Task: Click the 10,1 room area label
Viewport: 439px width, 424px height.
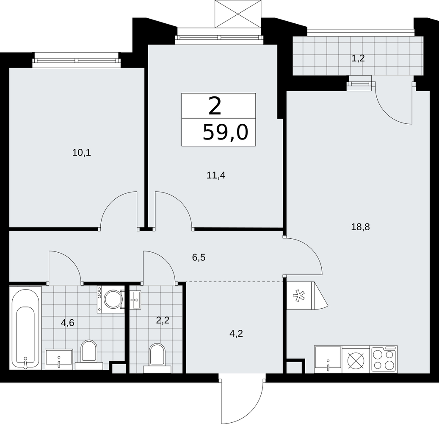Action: [82, 153]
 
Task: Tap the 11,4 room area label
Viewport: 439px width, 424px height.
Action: [216, 176]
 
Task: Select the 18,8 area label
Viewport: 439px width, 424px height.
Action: [360, 227]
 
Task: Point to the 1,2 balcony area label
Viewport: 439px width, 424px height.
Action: [358, 59]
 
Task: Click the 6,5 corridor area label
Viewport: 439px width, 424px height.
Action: [199, 257]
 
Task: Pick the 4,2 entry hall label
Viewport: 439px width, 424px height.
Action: [236, 334]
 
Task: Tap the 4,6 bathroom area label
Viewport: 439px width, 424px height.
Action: [67, 323]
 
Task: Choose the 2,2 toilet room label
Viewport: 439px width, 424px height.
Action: [163, 320]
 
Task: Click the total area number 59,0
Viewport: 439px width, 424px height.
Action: [225, 132]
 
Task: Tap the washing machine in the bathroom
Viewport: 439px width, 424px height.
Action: [111, 299]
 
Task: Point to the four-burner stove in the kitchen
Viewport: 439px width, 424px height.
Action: [384, 359]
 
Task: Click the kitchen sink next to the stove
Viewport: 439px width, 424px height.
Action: [328, 359]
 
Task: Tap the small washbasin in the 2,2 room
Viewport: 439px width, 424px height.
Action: [136, 300]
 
